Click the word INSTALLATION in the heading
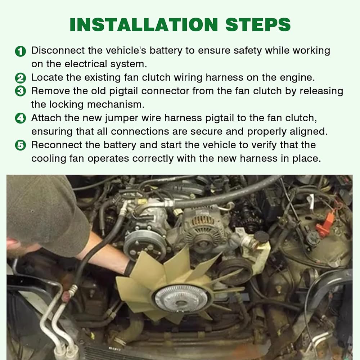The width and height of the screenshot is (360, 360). tap(144, 24)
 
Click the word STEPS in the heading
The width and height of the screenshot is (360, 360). tap(258, 24)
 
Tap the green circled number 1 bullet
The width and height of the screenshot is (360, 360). tap(21, 51)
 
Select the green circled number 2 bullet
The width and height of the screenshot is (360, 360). tap(21, 78)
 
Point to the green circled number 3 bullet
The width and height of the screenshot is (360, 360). tap(21, 91)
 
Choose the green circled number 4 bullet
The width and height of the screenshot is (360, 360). tap(21, 118)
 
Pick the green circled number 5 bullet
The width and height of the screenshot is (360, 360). tap(21, 145)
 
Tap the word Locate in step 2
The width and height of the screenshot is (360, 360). tap(47, 78)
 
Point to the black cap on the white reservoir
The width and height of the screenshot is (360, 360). tap(261, 237)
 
